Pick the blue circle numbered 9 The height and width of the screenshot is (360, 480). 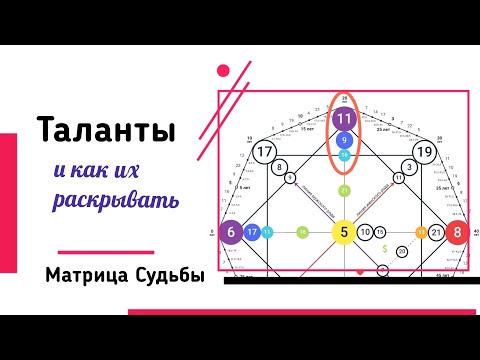pyautogui.click(x=344, y=141)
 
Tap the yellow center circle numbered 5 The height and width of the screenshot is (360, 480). pyautogui.click(x=344, y=233)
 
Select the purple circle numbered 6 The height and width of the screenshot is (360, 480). pyautogui.click(x=232, y=233)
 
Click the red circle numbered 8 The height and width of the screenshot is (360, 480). pyautogui.click(x=458, y=233)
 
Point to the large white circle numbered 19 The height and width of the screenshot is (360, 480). pyautogui.click(x=423, y=152)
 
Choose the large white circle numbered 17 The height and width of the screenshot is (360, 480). pyautogui.click(x=265, y=152)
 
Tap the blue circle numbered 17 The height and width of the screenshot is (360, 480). pyautogui.click(x=253, y=233)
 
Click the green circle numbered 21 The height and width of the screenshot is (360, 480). pyautogui.click(x=344, y=190)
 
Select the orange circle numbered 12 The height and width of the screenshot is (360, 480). pyautogui.click(x=421, y=233)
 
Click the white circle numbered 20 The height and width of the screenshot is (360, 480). pyautogui.click(x=401, y=252)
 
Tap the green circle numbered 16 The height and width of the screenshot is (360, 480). pyautogui.click(x=302, y=233)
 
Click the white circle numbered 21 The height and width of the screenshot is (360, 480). pyautogui.click(x=436, y=233)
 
